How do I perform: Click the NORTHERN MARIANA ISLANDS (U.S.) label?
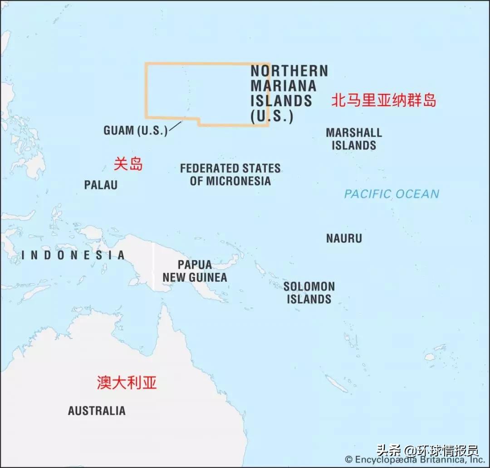(289, 93)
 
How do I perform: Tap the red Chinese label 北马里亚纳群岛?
(383, 100)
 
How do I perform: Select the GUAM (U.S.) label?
(135, 130)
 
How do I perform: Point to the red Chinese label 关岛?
(128, 164)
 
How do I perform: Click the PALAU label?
(101, 185)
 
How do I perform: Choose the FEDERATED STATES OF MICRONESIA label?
(230, 174)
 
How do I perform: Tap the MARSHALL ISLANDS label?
(354, 139)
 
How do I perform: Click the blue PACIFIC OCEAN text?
(392, 194)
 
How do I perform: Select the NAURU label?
(344, 238)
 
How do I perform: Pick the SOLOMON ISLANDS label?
(309, 293)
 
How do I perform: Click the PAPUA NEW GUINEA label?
(195, 271)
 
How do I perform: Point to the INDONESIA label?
(73, 256)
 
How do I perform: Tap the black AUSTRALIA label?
(97, 411)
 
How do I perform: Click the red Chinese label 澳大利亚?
(127, 383)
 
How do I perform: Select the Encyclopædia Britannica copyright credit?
(415, 459)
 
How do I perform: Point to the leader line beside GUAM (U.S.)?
(175, 126)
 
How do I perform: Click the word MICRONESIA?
(238, 181)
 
